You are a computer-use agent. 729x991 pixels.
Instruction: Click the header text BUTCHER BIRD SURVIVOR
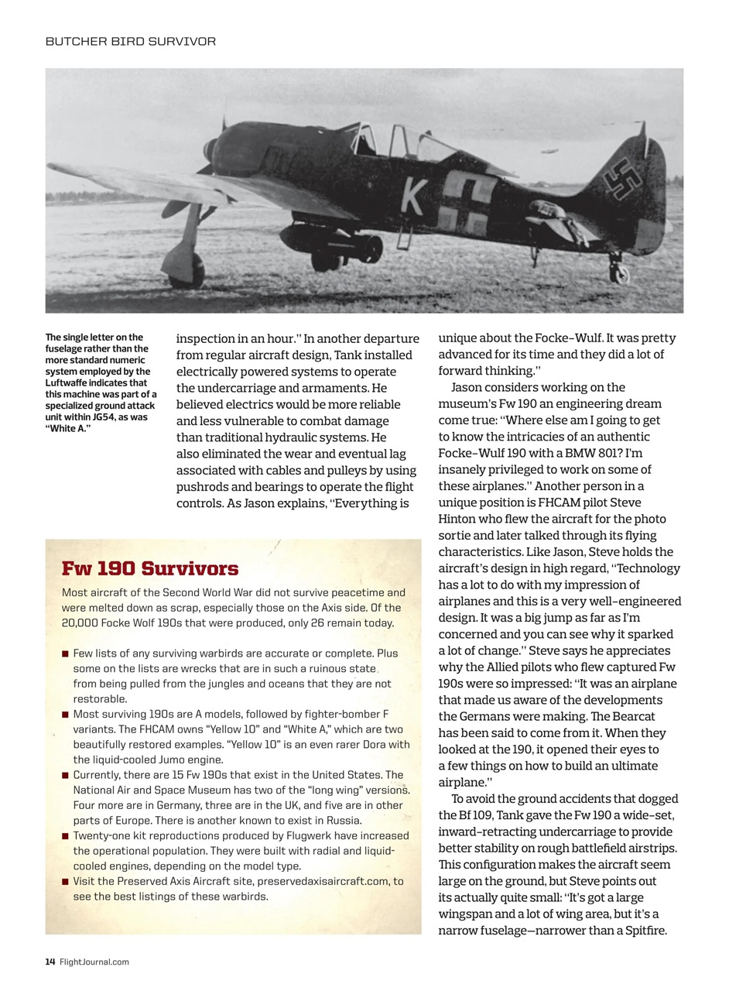(131, 41)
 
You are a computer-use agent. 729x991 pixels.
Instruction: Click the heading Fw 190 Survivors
(150, 569)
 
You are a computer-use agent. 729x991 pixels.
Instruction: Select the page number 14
(50, 962)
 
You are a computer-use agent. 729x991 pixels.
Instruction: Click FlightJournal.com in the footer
(94, 962)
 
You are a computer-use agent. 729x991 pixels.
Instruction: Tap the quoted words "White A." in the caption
(68, 428)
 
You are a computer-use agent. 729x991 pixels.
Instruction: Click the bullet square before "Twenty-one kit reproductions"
(66, 836)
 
